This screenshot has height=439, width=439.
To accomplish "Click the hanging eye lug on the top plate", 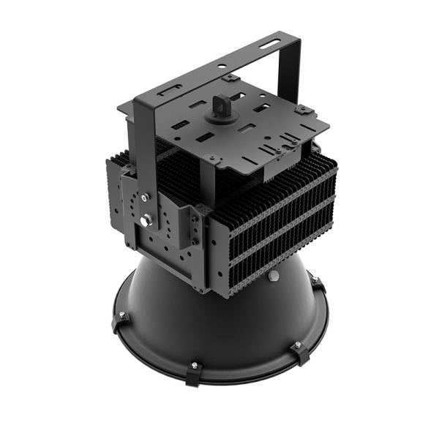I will click(x=219, y=104).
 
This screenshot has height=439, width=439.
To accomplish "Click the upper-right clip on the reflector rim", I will click(x=317, y=282).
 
